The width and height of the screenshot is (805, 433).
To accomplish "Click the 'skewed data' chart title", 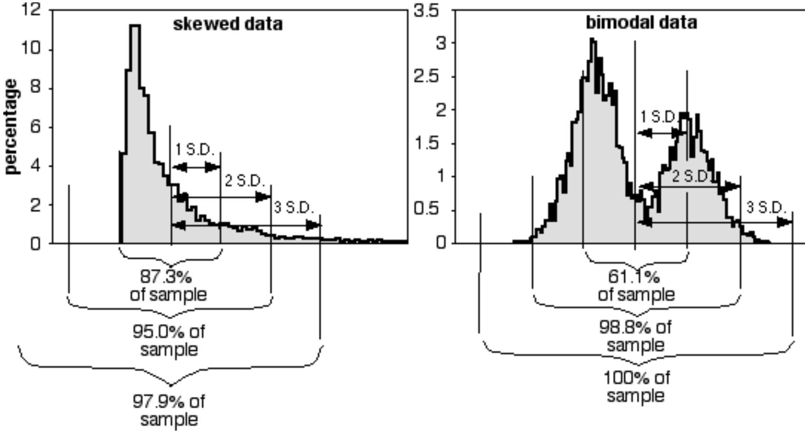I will coord(228,24).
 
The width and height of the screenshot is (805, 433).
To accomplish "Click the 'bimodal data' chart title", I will coord(641,22).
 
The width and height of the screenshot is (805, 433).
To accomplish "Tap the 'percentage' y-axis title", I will coord(13,127).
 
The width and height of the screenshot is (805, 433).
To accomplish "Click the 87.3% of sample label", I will coord(168,285).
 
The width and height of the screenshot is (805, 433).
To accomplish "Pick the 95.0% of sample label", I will coord(169,340).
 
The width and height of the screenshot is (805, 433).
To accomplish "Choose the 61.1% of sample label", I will coord(636,285).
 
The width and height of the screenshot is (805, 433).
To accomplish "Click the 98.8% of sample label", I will coord(636,336).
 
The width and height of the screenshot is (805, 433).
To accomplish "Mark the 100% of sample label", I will coord(636,386).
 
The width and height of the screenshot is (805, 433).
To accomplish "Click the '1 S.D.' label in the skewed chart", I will coord(195,150).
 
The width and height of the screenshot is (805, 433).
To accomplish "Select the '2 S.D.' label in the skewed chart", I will coord(244,181).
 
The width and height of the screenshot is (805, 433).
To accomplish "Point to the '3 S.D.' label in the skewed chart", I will coord(294,208).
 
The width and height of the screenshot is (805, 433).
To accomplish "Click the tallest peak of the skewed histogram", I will coord(135,27).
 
